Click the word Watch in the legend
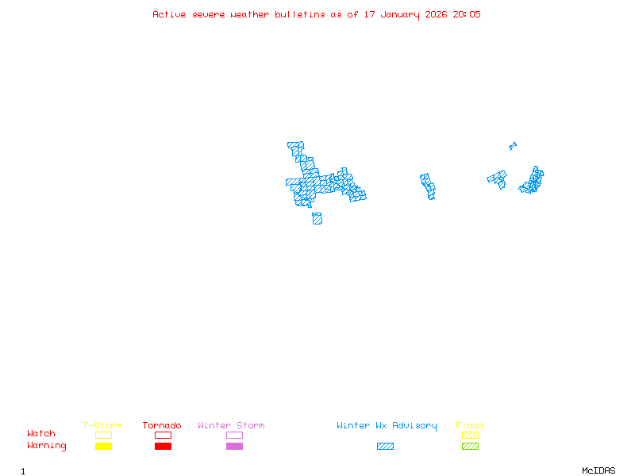point(41,434)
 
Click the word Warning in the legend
point(47,446)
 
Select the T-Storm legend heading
point(102,425)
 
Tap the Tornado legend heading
point(162,425)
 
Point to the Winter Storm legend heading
point(231,425)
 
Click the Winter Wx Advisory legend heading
point(387,425)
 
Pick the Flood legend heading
point(470,425)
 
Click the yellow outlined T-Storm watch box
point(103,435)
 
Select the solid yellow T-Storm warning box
point(103,446)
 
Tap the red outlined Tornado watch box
point(163,435)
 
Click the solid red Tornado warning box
point(163,446)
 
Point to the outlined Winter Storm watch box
point(234,435)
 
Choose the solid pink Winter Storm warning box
point(234,446)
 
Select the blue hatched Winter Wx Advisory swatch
point(385,446)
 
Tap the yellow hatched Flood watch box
point(470,435)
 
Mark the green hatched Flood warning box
point(470,446)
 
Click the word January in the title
point(400,14)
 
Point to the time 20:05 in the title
point(467,14)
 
